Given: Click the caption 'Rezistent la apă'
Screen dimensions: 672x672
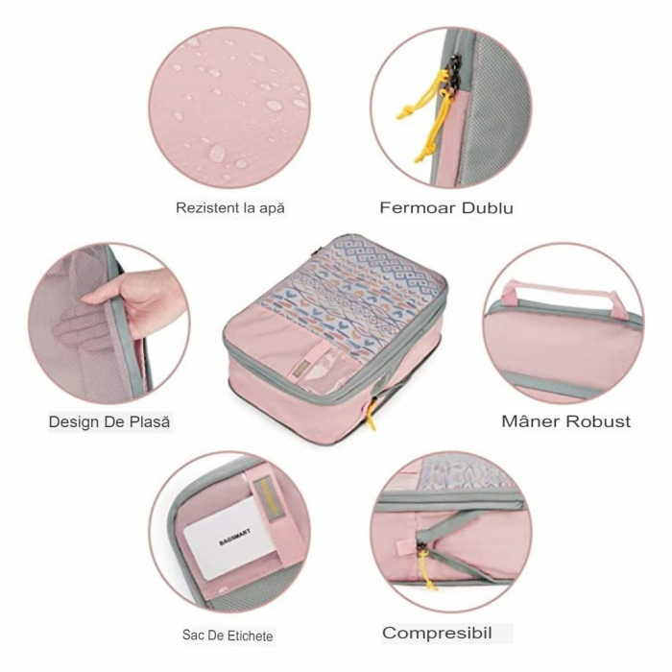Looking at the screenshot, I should (x=230, y=207).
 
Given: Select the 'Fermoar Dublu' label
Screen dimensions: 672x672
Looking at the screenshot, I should (x=446, y=207).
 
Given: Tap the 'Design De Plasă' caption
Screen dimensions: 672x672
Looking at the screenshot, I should (x=111, y=420).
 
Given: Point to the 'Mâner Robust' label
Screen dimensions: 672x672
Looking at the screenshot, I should (x=566, y=420).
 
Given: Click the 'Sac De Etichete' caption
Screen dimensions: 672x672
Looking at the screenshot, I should (x=228, y=636).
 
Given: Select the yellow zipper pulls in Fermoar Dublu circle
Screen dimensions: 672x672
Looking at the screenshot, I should (x=431, y=115).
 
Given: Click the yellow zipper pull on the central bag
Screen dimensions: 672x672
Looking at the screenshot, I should (x=370, y=416).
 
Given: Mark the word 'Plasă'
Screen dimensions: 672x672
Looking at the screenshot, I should (x=150, y=420).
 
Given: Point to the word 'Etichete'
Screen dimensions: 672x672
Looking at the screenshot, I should (x=249, y=636).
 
